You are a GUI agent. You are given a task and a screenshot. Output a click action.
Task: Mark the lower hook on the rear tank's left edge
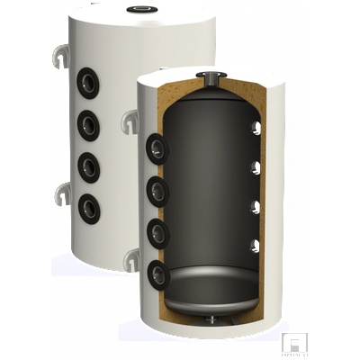point(62,191)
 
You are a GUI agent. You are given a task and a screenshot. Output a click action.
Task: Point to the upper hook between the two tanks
point(131,119)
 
